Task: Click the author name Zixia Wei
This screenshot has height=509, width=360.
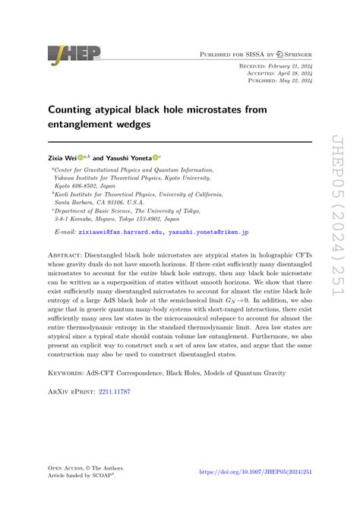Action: click(x=67, y=158)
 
